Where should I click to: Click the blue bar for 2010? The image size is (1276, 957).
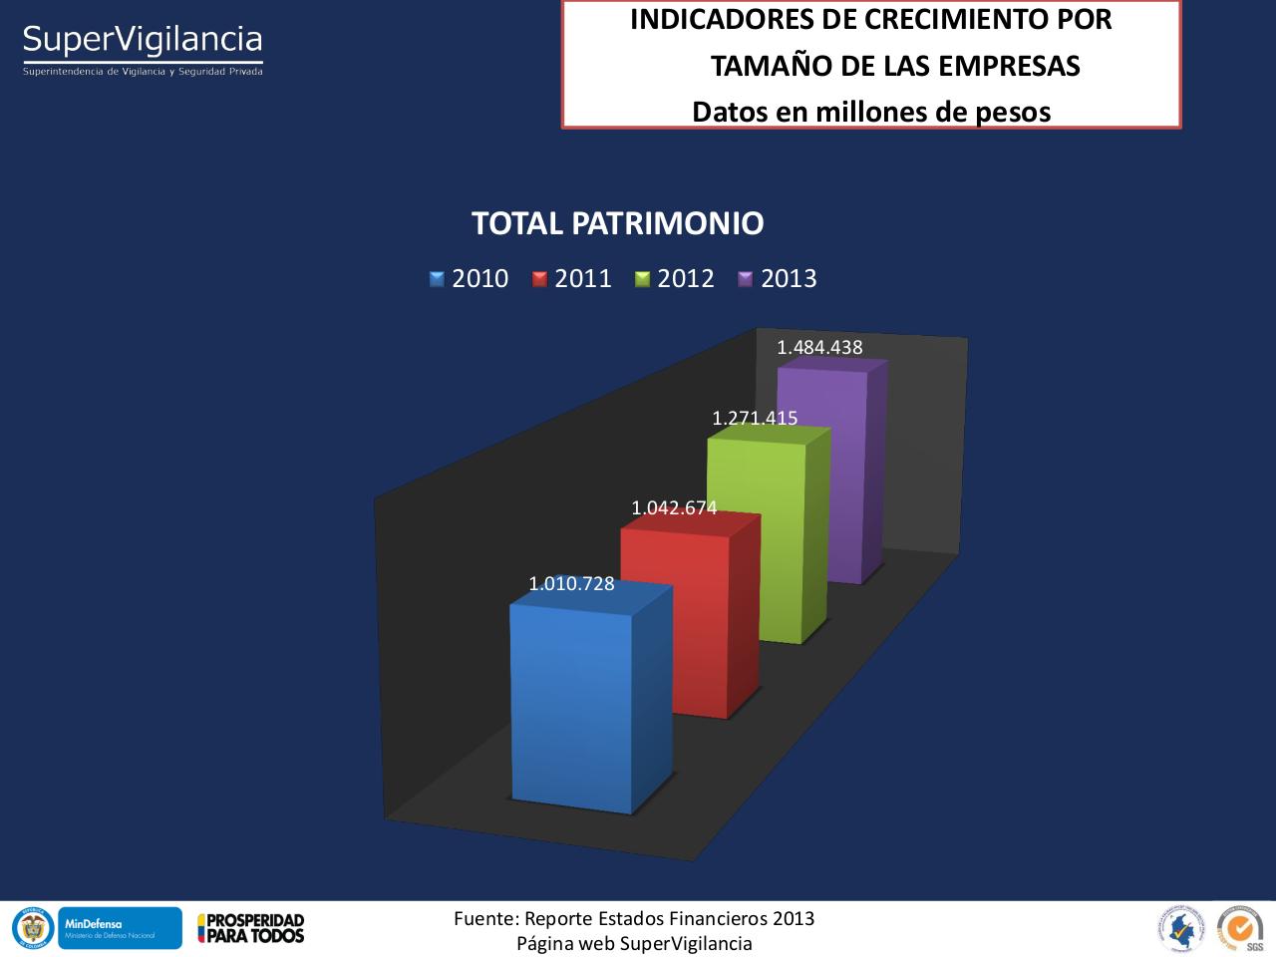click(571, 708)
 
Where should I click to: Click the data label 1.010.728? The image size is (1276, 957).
click(571, 584)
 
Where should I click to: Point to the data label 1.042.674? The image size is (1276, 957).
click(674, 507)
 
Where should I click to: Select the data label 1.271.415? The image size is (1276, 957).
click(755, 419)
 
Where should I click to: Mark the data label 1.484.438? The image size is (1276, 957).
click(819, 347)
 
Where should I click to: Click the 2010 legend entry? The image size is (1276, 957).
click(470, 278)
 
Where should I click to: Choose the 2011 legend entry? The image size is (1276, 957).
click(572, 278)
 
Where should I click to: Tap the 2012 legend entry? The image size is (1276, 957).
click(675, 278)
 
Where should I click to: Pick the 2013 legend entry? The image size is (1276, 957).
click(778, 278)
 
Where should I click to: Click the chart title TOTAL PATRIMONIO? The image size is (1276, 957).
click(617, 223)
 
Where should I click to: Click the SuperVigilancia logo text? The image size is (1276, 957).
click(143, 41)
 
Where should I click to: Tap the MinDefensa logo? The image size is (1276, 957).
click(120, 927)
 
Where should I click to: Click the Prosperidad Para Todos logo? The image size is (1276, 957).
click(251, 928)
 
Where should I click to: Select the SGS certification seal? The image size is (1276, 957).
click(1240, 928)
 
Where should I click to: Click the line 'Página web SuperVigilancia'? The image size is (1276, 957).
click(634, 943)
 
